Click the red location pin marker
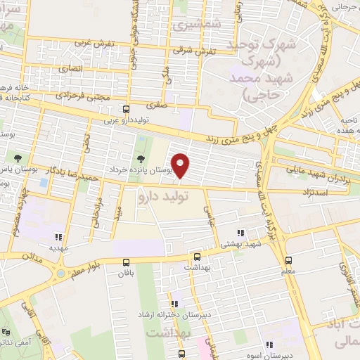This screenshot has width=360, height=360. (181, 165)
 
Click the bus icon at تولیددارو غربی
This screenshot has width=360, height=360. (126, 109)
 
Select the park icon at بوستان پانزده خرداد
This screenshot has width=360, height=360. (141, 158)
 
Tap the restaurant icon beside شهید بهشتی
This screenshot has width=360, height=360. (241, 233)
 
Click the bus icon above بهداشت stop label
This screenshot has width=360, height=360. (197, 257)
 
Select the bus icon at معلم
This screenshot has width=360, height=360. (288, 259)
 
